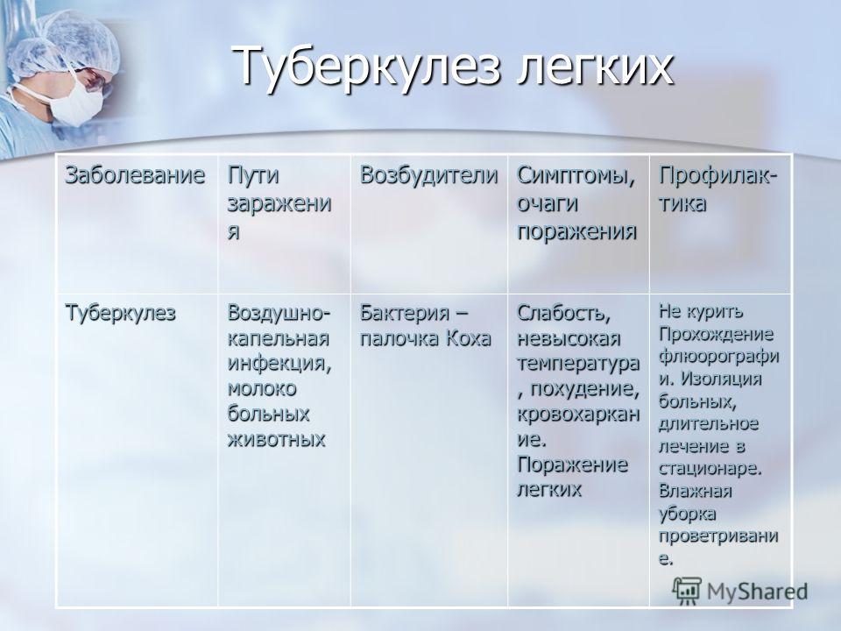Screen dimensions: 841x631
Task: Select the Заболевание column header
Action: click(135, 175)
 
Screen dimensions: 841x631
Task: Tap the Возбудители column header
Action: click(428, 175)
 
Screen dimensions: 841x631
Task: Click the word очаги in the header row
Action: click(547, 204)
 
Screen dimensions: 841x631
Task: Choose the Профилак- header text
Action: click(717, 176)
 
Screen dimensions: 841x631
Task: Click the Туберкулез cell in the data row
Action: click(120, 312)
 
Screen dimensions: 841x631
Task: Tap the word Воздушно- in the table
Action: click(279, 313)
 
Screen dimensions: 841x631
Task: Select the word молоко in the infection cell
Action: click(262, 388)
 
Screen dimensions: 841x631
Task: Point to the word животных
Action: click(277, 439)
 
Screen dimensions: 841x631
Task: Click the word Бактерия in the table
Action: click(405, 312)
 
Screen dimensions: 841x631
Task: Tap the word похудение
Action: click(584, 389)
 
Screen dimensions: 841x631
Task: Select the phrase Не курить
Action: click(701, 310)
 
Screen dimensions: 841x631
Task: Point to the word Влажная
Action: click(695, 491)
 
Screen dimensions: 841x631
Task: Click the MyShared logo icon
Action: click(687, 591)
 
